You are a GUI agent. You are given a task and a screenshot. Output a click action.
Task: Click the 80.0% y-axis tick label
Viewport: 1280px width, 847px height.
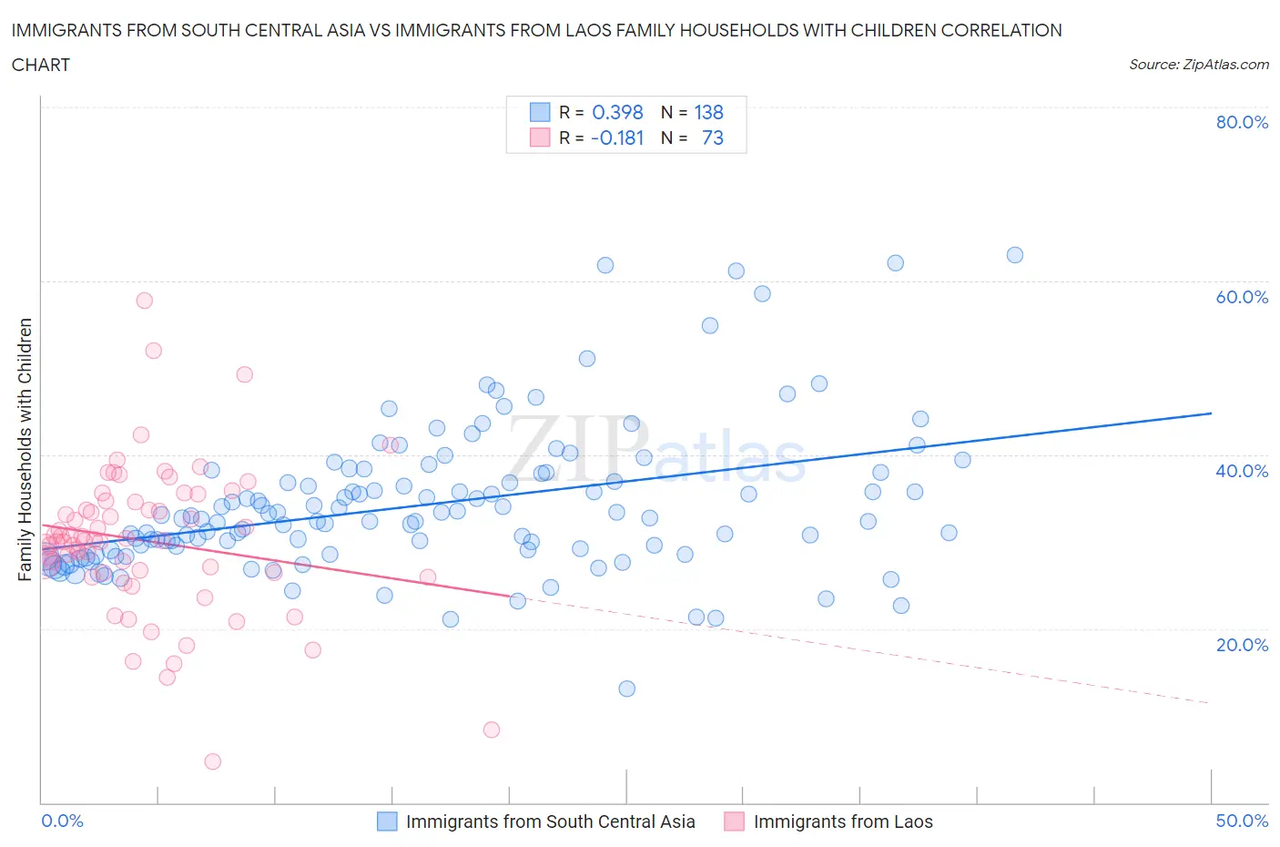tap(1242, 122)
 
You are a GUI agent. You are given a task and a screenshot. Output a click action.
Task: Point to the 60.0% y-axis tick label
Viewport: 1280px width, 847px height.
tap(1242, 297)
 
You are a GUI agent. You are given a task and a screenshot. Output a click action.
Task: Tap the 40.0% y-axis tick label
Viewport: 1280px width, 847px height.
tap(1242, 471)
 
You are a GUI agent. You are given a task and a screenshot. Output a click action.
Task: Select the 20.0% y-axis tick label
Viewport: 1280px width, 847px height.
tap(1242, 645)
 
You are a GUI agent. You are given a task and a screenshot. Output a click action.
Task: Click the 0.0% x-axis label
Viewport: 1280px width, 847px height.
tap(62, 821)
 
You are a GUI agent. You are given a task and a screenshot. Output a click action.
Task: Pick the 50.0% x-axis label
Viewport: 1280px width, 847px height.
tap(1242, 821)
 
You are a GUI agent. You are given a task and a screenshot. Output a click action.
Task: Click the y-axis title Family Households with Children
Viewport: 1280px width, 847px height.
tap(25, 449)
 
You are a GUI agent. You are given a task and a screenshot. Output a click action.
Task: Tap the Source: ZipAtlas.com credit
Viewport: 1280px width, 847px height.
tap(1198, 64)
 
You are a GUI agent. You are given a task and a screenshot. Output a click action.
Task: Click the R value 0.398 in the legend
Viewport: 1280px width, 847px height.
tap(617, 112)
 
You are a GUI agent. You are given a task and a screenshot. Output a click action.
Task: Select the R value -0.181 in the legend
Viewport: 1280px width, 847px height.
tap(617, 138)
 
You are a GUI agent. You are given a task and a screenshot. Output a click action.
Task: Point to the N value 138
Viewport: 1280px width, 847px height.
tap(708, 112)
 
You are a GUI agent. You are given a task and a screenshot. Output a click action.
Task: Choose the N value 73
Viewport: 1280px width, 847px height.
tap(712, 138)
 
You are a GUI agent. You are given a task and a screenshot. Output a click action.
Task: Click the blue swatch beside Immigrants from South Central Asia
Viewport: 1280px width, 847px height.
tap(387, 821)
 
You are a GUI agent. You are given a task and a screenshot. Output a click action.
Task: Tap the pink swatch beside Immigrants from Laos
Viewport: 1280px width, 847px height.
tap(734, 821)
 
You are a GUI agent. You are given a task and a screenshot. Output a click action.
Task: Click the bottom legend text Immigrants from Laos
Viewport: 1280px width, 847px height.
tap(843, 821)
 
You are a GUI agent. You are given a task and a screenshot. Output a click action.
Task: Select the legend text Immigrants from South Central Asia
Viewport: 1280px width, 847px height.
tap(550, 821)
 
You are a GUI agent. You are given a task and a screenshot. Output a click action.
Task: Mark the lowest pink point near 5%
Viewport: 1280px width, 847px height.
tap(212, 761)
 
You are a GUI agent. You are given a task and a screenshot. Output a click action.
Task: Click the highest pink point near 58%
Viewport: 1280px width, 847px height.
tap(144, 301)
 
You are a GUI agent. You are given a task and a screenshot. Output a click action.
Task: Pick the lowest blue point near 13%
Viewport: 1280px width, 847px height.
tap(626, 689)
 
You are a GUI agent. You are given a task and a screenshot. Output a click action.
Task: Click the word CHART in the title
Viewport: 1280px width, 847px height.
tap(41, 65)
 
